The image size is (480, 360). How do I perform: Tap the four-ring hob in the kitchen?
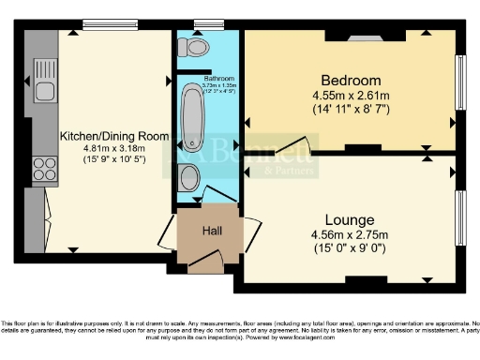pos(44,169)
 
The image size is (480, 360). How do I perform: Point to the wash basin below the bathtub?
pos(187,178)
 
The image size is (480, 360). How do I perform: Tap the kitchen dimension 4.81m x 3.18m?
pos(103,148)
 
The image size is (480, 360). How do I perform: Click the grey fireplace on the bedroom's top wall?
pos(358,37)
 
